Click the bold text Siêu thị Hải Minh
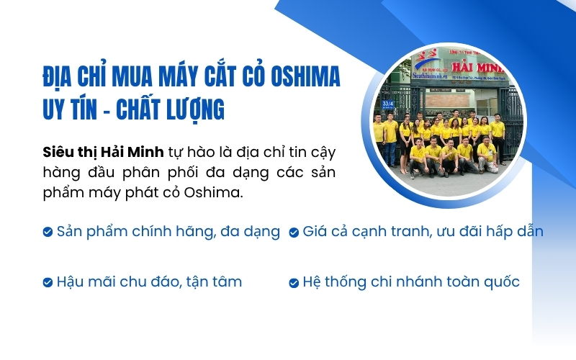pyautogui.click(x=103, y=153)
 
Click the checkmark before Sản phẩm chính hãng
pyautogui.click(x=48, y=232)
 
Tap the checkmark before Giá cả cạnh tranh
pyautogui.click(x=294, y=232)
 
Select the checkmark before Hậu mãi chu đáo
pyautogui.click(x=48, y=282)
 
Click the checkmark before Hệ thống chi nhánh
pyautogui.click(x=294, y=282)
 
